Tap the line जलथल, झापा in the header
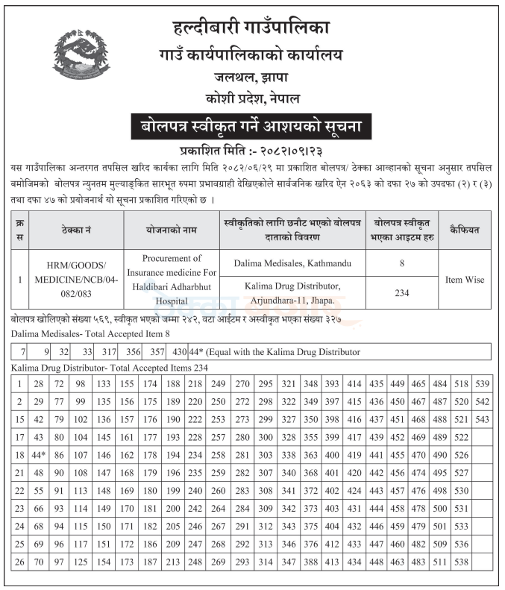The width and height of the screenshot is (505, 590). pyautogui.click(x=251, y=76)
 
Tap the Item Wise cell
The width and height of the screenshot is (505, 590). pyautogui.click(x=464, y=280)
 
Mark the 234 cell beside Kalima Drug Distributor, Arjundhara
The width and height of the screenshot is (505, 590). pyautogui.click(x=402, y=293)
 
